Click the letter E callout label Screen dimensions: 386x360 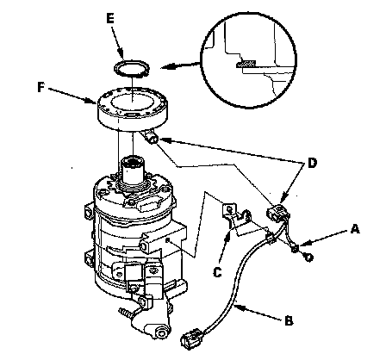pos(110,18)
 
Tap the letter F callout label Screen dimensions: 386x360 pos(41,87)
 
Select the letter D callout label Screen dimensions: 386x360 pos(312,163)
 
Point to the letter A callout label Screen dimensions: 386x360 pos(355,229)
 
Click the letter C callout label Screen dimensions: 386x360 pos(217,272)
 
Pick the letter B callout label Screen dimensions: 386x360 pos(289,320)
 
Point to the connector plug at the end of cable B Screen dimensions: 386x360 pos(192,339)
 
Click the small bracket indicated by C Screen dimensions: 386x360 pos(237,217)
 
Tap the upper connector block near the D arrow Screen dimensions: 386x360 pos(277,213)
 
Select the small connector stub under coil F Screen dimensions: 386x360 pos(152,137)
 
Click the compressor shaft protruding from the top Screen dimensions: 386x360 pos(133,171)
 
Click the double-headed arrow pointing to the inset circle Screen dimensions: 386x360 pos(181,65)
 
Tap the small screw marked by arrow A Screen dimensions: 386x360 pos(295,249)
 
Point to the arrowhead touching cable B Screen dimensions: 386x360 pos(240,308)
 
